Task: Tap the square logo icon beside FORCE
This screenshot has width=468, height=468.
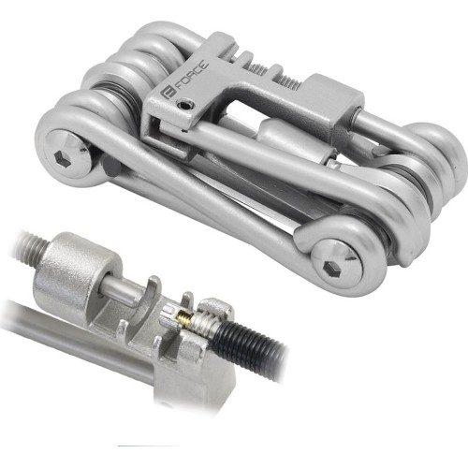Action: (168, 93)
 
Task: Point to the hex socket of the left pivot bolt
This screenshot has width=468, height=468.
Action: (61, 156)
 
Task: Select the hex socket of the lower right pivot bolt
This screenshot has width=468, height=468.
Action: (331, 268)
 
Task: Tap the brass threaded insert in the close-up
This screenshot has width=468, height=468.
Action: (184, 320)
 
